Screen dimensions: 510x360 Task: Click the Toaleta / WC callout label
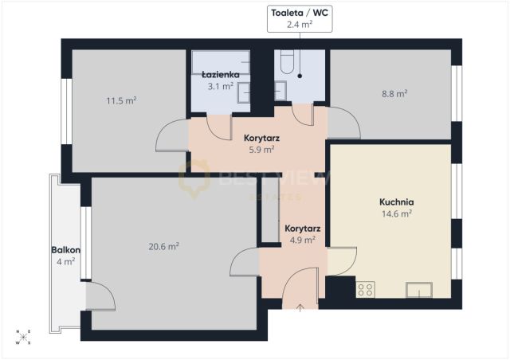pos(300,18)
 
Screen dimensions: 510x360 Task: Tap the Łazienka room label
pos(221,75)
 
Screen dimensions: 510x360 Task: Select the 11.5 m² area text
pos(121,100)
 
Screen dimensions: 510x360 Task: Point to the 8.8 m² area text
pos(394,94)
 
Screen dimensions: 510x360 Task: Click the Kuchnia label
pos(397,202)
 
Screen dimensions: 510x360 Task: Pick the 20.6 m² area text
pos(163,246)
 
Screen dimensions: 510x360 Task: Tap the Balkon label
pos(65,250)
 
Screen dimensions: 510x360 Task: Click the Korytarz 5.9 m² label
pos(261,143)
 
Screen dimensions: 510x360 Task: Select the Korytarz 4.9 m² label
pos(303,234)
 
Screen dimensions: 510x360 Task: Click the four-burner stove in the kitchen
pos(365,289)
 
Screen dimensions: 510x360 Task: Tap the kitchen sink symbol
pos(419,290)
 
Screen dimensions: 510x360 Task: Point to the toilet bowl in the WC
pos(287,61)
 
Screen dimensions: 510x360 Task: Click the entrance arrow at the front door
pos(300,307)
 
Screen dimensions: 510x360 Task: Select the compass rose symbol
pos(23,337)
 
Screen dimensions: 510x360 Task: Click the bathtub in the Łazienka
pos(221,62)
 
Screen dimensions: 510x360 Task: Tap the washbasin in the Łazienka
pos(243,92)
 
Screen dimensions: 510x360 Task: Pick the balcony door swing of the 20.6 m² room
pos(100,296)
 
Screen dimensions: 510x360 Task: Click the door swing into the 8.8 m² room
pos(343,123)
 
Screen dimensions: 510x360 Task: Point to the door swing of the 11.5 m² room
pos(172,135)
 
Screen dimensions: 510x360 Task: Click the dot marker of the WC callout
pos(300,76)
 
